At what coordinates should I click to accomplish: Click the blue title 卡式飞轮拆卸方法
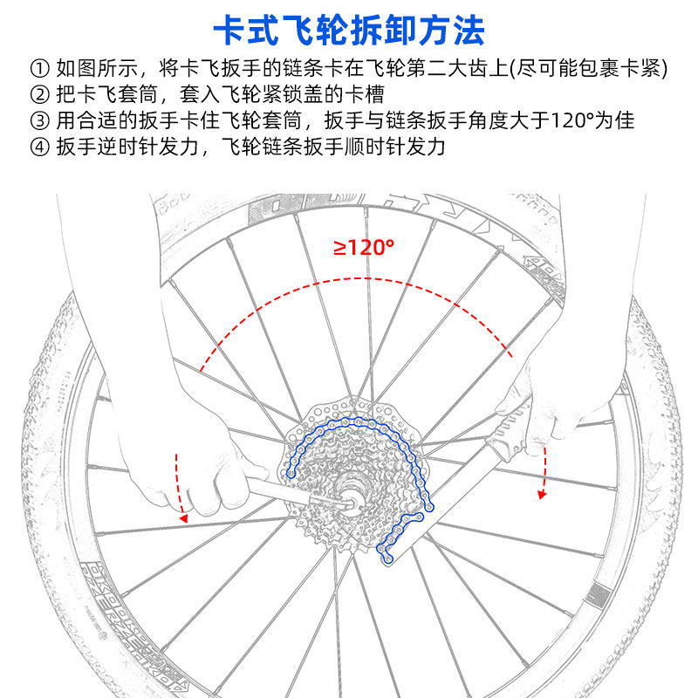(349, 31)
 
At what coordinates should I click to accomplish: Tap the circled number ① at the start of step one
(39, 67)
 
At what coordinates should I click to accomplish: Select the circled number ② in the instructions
(39, 93)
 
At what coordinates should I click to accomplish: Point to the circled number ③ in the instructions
(39, 120)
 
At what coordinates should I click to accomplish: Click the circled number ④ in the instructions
(39, 146)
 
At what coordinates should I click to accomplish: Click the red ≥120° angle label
(364, 247)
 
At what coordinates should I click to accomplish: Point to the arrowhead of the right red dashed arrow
(542, 496)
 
